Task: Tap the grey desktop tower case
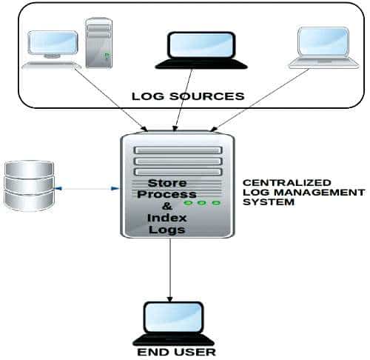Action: click(98, 41)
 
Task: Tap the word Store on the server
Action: click(168, 182)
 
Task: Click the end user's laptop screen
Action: click(170, 317)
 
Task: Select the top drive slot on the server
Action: click(178, 149)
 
